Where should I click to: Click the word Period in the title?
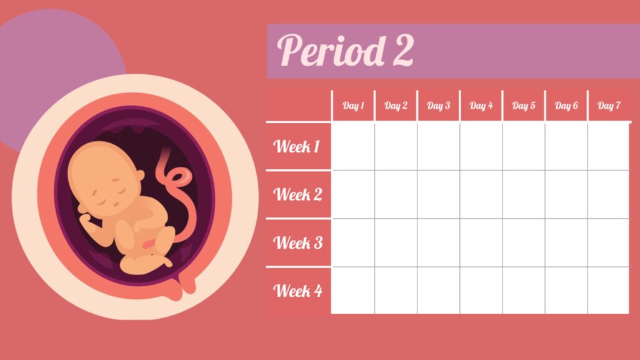click(331, 51)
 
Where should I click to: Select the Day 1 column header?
click(353, 106)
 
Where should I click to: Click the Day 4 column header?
click(481, 106)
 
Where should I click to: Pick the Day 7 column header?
click(609, 106)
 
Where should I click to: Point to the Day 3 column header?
click(438, 106)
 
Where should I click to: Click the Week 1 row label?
click(297, 147)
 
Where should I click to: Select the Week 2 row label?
click(298, 194)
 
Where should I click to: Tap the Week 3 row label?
click(298, 242)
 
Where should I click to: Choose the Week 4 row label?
click(298, 291)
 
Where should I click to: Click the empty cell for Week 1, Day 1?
click(353, 146)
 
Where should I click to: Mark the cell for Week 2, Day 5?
click(523, 194)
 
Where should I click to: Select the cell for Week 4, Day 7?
click(608, 291)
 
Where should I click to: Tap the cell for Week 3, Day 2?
click(396, 242)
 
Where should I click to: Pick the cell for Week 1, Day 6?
click(566, 146)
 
